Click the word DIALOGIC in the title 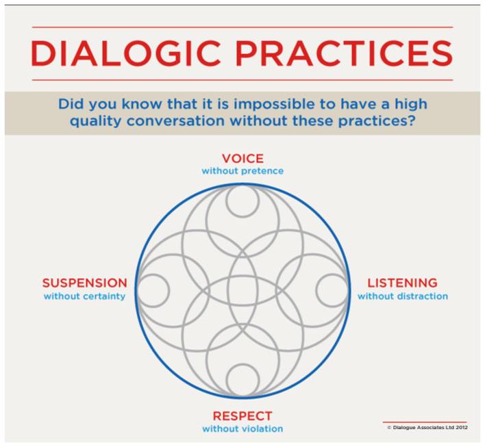(x=126, y=53)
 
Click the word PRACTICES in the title (x=345, y=53)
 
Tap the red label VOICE (x=242, y=159)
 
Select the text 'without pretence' (x=242, y=171)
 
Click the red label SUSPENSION (x=85, y=283)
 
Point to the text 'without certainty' (x=84, y=296)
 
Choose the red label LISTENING (x=402, y=283)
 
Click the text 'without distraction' (x=403, y=296)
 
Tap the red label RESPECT (x=242, y=416)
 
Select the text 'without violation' (x=242, y=429)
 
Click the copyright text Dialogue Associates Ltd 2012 (x=427, y=428)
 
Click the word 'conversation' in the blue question (x=175, y=120)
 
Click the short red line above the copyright (x=425, y=422)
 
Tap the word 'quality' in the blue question (x=96, y=121)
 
